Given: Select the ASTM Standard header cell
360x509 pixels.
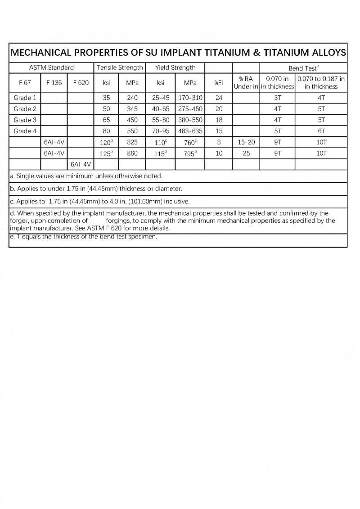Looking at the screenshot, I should (x=51, y=68).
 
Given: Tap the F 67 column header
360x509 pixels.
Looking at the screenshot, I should (x=25, y=83).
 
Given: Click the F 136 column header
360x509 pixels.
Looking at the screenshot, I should (x=54, y=83).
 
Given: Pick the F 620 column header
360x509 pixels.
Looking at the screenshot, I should (x=81, y=83).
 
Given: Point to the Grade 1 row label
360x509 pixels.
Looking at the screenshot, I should (x=25, y=98).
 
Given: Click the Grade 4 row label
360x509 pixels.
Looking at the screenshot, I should (x=25, y=131).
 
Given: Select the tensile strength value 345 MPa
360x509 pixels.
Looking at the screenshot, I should (x=132, y=109).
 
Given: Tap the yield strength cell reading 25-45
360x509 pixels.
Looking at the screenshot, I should (x=161, y=98).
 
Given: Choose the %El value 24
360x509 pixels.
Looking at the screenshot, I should (x=219, y=98).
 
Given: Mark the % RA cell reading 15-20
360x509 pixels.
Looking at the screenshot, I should (x=246, y=142).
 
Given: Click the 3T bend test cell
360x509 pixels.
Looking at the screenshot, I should (x=277, y=98).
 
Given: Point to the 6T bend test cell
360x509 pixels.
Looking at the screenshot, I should (x=321, y=131).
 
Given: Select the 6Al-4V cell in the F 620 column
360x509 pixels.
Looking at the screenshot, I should (x=81, y=164).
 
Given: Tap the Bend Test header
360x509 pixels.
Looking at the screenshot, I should (x=304, y=68).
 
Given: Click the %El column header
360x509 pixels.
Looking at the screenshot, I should (x=219, y=83).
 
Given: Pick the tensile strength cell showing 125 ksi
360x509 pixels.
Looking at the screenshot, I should (x=106, y=153).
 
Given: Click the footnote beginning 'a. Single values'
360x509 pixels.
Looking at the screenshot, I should (x=86, y=176).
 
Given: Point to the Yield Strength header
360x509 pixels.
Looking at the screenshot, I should (x=175, y=68).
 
